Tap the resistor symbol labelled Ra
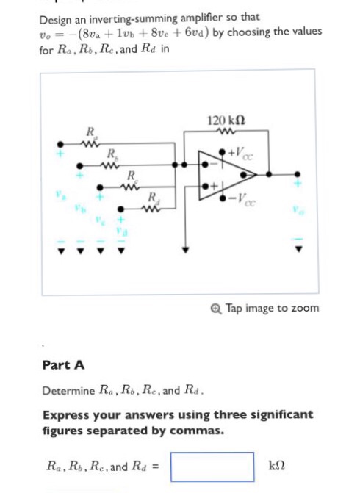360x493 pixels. click(90, 144)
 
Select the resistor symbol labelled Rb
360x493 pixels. click(111, 165)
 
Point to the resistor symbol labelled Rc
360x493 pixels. click(131, 187)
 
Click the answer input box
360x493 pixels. click(212, 466)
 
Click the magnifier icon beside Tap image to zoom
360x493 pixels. click(217, 308)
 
